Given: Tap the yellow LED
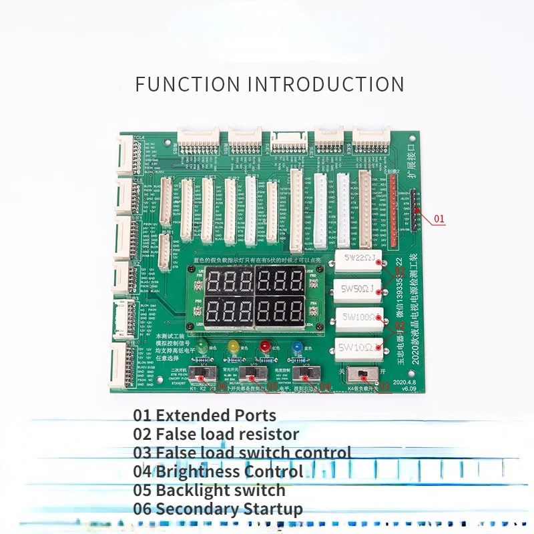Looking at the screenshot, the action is click(233, 346).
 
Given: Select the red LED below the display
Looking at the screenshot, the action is click(265, 346).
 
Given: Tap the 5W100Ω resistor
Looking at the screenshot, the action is click(360, 318).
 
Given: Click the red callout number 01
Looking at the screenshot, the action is click(439, 218).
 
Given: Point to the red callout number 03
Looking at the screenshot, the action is click(384, 386).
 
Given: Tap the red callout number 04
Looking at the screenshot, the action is click(325, 386).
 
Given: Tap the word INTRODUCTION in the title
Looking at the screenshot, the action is click(326, 85).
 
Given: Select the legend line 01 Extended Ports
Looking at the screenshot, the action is click(204, 415).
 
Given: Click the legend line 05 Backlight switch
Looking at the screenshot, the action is click(209, 490).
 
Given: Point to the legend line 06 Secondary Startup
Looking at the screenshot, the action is click(218, 509).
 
